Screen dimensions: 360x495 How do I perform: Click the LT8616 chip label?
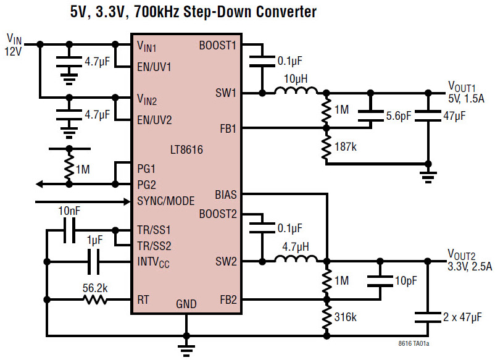tap(186, 149)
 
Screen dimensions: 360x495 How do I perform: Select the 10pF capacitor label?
tap(405, 281)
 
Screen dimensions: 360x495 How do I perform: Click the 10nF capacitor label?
tap(69, 212)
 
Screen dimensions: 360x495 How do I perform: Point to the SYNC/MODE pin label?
tap(165, 201)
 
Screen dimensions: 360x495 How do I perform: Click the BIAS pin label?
tap(225, 194)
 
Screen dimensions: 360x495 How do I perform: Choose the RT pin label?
tap(144, 299)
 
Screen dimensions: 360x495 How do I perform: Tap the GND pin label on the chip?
tap(186, 304)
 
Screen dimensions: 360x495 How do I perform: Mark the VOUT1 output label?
tap(462, 86)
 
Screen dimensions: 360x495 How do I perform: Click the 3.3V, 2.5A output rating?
tap(470, 267)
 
